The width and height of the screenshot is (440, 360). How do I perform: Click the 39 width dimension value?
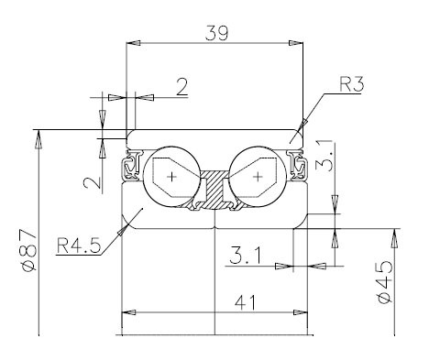coord(216,33)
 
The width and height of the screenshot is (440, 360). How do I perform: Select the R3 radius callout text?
coord(352,84)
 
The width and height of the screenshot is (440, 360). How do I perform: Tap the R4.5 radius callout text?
coord(79,246)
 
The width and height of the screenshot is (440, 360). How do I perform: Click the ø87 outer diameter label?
coord(30,250)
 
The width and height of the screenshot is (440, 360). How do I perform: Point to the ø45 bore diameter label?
coord(385,282)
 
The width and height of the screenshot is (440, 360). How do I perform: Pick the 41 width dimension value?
coord(245,303)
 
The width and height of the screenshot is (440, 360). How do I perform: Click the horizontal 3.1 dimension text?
coord(246,256)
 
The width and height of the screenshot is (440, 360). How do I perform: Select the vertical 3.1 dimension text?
coord(324,155)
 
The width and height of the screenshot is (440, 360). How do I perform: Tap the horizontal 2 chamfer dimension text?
coord(182,87)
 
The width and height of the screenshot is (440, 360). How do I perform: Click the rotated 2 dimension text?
coord(93,182)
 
